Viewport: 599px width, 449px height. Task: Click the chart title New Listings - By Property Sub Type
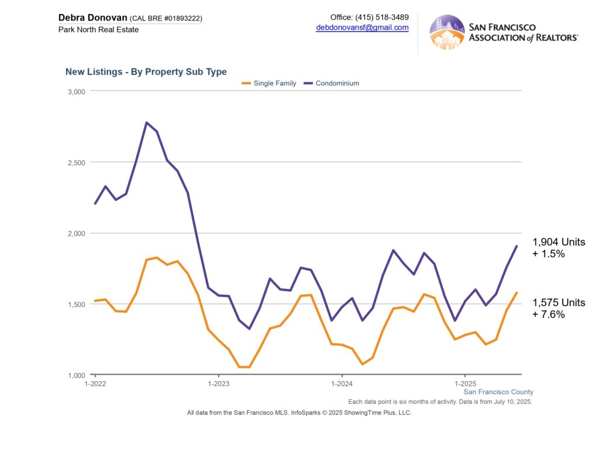click(146, 72)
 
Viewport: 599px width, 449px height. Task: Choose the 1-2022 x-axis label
click(95, 384)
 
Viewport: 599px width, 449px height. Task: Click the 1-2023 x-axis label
click(218, 384)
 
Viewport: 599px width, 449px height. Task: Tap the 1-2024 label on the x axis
click(341, 384)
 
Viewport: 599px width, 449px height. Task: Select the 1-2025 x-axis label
click(464, 384)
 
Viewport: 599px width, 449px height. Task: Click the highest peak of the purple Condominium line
click(146, 122)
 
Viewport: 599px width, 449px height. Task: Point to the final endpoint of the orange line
click(517, 292)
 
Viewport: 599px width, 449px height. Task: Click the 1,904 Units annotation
click(558, 242)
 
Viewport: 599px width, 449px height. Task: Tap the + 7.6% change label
click(549, 315)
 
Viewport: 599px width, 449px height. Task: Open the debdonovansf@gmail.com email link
click(362, 27)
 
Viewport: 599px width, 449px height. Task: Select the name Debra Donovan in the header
click(93, 18)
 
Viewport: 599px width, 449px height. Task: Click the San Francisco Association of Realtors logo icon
click(447, 32)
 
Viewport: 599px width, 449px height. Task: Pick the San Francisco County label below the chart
click(498, 392)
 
